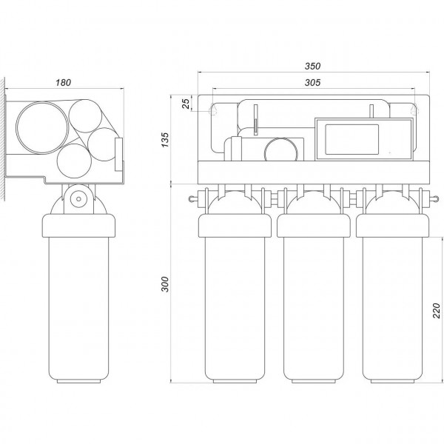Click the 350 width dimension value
coord(312,66)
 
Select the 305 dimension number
coord(312,82)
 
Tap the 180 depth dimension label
coord(63,82)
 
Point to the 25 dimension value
coord(186,104)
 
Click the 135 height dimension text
coord(164,140)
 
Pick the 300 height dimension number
coord(164,284)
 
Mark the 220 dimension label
coord(437,311)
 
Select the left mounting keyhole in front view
coord(213,110)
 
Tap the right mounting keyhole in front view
coord(415,110)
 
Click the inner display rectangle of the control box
coord(352,139)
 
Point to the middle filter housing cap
coord(314,226)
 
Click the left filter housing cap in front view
coord(235,226)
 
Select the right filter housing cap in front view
coord(392,226)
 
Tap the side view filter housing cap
coord(78,226)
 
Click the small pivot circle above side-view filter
coord(78,199)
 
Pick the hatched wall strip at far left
coord(2,139)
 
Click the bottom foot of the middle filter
coord(314,381)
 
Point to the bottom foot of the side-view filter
coord(78,381)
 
